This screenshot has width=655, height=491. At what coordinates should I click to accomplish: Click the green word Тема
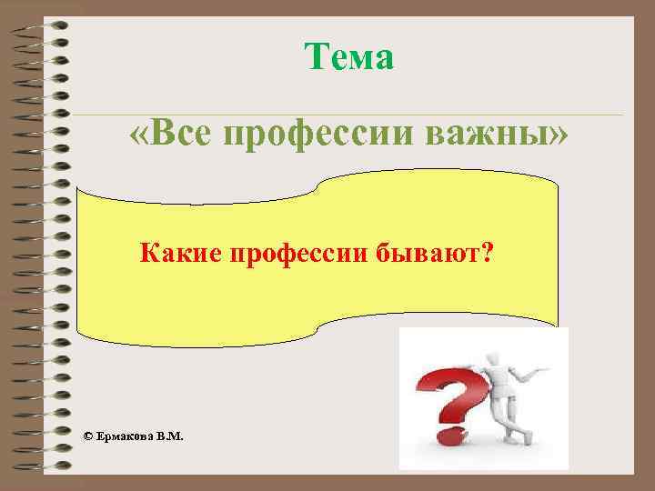[349, 58]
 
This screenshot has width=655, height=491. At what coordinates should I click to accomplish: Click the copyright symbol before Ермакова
[87, 436]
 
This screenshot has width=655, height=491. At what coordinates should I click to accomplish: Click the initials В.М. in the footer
[169, 436]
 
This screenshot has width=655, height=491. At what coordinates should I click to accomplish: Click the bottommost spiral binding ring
[44, 465]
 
